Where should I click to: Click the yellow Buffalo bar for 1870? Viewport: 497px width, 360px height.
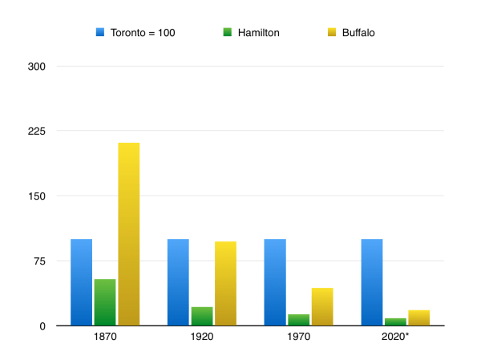(129, 234)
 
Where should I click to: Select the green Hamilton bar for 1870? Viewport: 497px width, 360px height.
(105, 302)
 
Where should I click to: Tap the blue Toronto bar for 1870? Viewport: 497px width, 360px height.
(81, 282)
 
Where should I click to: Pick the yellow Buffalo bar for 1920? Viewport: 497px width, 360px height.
(226, 283)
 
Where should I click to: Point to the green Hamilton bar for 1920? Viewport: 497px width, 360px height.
(202, 316)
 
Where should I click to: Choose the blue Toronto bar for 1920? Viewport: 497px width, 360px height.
(178, 282)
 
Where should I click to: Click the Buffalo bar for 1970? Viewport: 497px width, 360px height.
(322, 306)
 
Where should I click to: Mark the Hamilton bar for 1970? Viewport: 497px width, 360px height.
(298, 320)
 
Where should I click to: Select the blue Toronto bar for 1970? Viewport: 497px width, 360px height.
(275, 282)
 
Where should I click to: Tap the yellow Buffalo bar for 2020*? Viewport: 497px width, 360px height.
(419, 318)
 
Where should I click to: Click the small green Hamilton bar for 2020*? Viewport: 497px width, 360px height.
(395, 322)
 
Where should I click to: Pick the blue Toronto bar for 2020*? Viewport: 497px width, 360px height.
(372, 282)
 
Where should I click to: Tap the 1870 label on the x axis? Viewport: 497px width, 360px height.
(105, 338)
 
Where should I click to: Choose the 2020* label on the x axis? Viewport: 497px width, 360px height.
(395, 338)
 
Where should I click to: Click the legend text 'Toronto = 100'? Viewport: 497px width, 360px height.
(142, 33)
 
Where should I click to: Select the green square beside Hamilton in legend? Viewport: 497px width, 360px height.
(228, 33)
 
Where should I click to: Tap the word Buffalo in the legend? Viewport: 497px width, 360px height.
(358, 33)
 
